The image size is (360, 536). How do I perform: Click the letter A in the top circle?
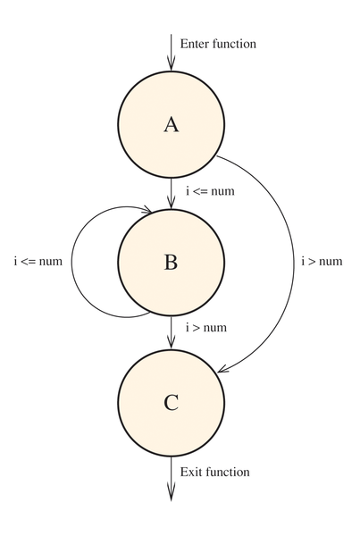click(172, 124)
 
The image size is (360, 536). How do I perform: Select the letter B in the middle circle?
click(171, 262)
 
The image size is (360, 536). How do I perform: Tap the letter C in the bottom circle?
click(171, 402)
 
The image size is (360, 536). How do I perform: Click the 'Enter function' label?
click(218, 44)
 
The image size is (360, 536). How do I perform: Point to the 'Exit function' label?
click(214, 472)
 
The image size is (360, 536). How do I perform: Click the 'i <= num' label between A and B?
click(210, 191)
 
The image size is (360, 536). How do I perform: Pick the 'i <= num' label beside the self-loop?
click(38, 261)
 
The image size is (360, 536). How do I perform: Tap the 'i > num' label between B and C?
click(206, 328)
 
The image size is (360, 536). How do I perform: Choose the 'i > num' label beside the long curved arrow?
click(322, 261)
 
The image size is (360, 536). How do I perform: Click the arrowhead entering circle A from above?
click(171, 64)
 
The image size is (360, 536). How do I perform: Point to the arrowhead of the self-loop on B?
click(147, 210)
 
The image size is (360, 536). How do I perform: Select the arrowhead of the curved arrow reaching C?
click(223, 368)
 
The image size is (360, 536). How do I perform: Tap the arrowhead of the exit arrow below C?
click(171, 493)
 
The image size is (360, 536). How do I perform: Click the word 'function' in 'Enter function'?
click(234, 44)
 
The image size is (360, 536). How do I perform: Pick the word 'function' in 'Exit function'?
click(228, 472)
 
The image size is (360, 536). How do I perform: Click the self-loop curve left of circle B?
click(71, 262)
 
